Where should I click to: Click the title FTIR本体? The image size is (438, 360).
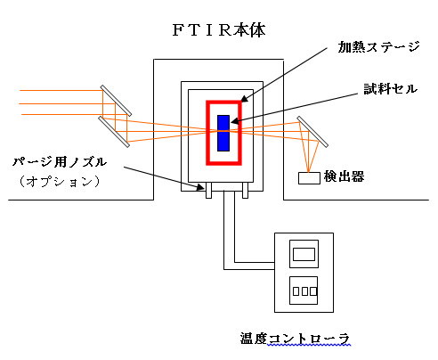[x=219, y=30]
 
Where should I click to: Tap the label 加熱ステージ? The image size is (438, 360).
[x=378, y=47]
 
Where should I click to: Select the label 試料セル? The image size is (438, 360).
[x=391, y=89]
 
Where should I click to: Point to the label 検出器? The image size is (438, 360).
[x=344, y=176]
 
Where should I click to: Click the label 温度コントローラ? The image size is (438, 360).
[x=295, y=339]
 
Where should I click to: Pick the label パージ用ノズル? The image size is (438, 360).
[x=60, y=162]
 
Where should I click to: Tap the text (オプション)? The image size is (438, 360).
[x=60, y=181]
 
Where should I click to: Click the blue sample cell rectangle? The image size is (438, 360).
[x=223, y=133]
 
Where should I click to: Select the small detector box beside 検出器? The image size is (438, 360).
[x=309, y=178]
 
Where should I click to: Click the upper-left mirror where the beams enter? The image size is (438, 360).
[x=116, y=101]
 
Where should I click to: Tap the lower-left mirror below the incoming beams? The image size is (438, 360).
[x=114, y=132]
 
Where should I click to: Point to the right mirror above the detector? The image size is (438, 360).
[x=312, y=132]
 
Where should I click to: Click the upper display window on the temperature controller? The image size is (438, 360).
[x=304, y=254]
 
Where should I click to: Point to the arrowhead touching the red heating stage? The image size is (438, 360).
[x=244, y=99]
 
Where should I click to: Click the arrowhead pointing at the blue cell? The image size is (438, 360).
[x=234, y=121]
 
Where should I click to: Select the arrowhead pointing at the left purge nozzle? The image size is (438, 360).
[x=200, y=187]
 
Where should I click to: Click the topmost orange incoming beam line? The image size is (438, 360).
[x=61, y=90]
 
